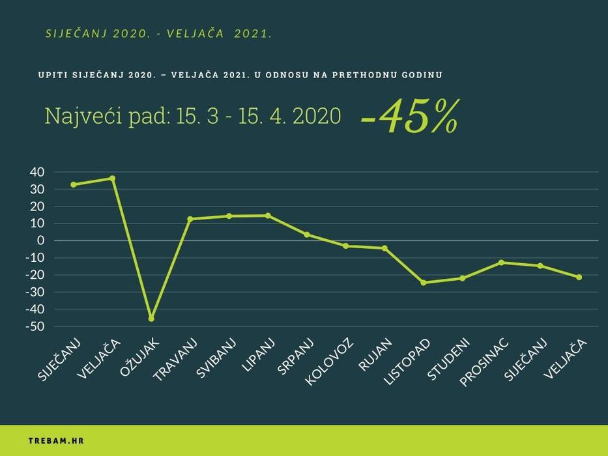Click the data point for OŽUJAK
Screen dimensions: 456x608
coord(151,319)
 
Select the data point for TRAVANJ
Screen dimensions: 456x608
coord(190,219)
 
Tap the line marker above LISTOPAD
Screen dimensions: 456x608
coord(424,283)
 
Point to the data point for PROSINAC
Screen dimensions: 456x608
coord(501,263)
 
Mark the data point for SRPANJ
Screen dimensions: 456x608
coord(306,235)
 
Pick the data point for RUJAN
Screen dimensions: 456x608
coord(384,248)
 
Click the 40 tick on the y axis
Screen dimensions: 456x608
coord(36,172)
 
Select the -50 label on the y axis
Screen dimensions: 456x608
coord(35,326)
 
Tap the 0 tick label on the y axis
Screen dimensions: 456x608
coord(41,240)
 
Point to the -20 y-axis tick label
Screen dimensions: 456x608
coord(35,275)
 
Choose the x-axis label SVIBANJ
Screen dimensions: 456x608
coord(214,360)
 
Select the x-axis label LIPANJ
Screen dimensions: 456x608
coord(258,356)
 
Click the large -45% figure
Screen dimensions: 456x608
coord(409,117)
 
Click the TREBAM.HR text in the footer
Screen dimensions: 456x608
coord(56,441)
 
